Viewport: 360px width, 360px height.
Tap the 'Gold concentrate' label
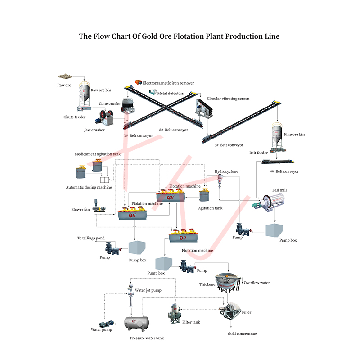(243, 333)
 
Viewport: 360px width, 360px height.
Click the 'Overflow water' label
(256, 283)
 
